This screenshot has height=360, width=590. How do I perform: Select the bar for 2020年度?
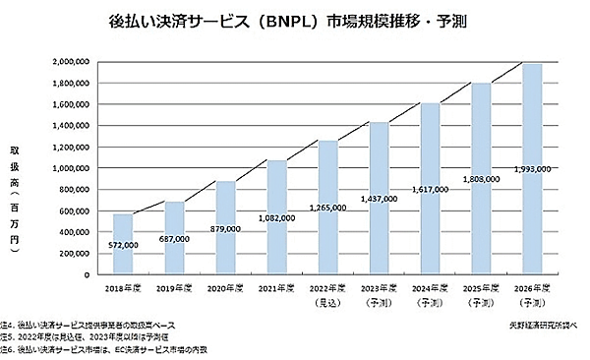click(x=225, y=226)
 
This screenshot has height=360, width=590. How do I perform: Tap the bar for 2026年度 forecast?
click(x=532, y=168)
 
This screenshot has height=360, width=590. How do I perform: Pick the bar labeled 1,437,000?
click(x=379, y=198)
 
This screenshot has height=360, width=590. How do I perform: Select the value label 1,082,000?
click(x=276, y=218)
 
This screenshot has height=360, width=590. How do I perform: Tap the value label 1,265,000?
click(x=326, y=209)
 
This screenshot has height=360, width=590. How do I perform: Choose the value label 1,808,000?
click(x=481, y=180)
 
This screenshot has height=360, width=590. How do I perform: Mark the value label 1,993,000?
click(x=532, y=169)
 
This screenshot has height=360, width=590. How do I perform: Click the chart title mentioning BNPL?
click(x=296, y=19)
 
